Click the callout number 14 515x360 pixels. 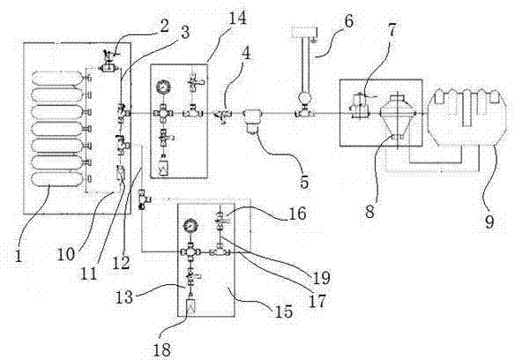tap(237, 18)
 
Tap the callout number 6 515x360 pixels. tap(348, 21)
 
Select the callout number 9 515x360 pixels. tap(489, 221)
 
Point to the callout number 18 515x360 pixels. tap(162, 349)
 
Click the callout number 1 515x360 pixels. tap(19, 256)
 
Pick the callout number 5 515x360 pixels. tap(304, 182)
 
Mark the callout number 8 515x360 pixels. tap(369, 212)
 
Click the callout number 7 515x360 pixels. tap(392, 30)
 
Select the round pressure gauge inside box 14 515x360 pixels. tap(163, 87)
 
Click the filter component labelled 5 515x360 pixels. tap(251, 123)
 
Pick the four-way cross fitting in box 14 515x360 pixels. tap(163, 114)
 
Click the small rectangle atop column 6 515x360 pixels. tap(302, 33)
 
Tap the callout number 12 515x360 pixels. tap(123, 263)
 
